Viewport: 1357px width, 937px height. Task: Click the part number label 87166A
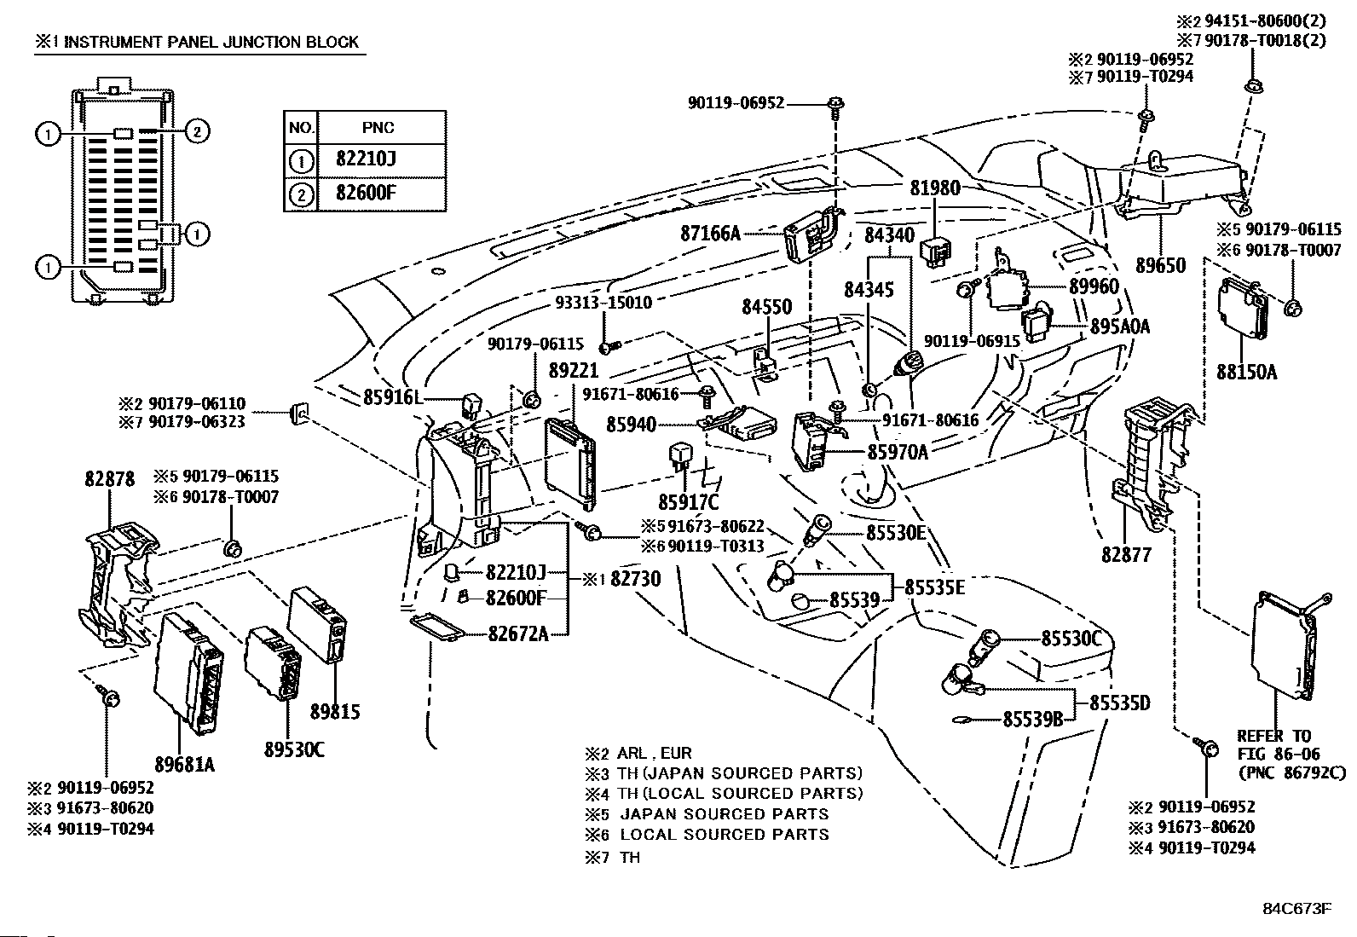(711, 233)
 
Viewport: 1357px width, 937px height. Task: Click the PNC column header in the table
(378, 128)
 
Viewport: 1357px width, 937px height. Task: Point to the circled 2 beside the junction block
(196, 131)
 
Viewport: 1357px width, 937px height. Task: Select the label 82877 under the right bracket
(1126, 554)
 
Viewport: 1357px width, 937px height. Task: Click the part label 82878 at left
(110, 479)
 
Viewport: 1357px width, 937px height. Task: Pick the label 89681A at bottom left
(185, 765)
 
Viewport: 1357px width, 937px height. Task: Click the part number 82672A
(517, 633)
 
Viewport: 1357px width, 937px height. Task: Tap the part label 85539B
(1032, 720)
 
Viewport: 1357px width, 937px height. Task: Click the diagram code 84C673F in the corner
(1297, 909)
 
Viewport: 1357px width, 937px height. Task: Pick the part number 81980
(935, 188)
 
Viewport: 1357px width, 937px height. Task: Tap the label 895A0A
(1120, 326)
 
